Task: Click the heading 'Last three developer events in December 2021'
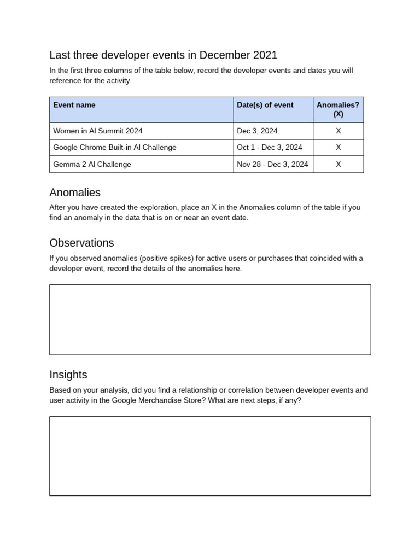click(x=163, y=55)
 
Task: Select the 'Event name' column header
click(x=74, y=105)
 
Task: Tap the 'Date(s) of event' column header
click(x=265, y=105)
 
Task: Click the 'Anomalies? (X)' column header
click(x=338, y=109)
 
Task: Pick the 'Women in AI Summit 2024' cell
click(x=98, y=131)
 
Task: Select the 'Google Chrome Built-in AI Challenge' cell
click(x=115, y=148)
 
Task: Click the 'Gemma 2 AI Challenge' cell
click(x=92, y=164)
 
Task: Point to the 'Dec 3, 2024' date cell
click(x=257, y=131)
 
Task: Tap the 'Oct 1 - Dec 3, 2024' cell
click(x=270, y=148)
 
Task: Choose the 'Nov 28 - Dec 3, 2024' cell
click(x=272, y=164)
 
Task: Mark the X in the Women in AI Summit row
click(x=338, y=131)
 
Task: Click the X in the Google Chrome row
click(x=338, y=148)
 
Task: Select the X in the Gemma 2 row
click(x=338, y=164)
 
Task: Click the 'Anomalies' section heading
click(x=75, y=192)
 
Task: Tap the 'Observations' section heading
click(x=81, y=243)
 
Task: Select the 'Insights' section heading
click(x=68, y=375)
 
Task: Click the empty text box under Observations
click(x=210, y=319)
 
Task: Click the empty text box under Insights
click(x=210, y=456)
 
